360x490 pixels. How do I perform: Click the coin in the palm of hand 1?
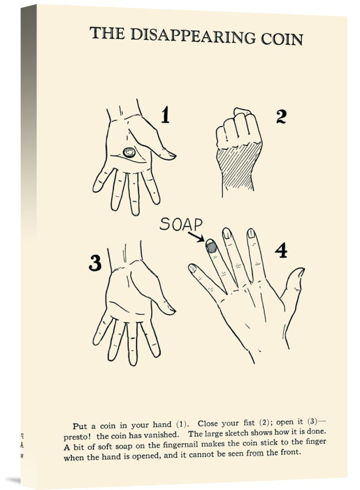point(129,153)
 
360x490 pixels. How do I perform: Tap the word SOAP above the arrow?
point(181,224)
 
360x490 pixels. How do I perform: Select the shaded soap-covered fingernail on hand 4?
point(211,246)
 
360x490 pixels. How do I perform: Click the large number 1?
point(166,115)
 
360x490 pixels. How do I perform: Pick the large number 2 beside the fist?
point(281,117)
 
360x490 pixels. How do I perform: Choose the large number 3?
point(95,263)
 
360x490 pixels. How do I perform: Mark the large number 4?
point(281,250)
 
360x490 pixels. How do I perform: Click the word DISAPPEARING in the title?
point(192,35)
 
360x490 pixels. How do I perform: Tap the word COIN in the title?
point(282,39)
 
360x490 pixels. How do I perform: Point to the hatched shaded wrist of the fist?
point(240,165)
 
